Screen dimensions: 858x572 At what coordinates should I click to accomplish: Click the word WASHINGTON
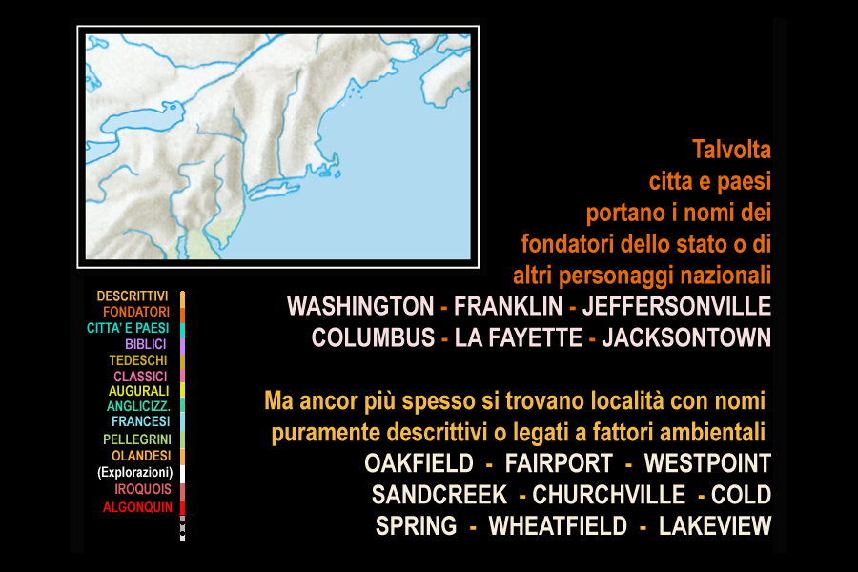tap(360, 307)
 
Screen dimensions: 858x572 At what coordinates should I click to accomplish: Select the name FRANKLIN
tap(508, 307)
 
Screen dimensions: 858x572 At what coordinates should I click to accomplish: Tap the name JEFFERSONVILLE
tap(677, 307)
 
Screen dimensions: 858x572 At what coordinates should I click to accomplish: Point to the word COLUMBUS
tap(373, 337)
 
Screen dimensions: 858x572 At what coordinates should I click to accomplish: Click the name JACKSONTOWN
tap(686, 337)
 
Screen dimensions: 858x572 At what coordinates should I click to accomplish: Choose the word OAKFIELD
tap(419, 463)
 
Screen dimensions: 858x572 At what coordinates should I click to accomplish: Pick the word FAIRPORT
tap(559, 463)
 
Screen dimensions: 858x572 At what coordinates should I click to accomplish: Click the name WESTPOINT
tap(707, 463)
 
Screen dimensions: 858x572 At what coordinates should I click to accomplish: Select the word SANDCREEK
tap(439, 495)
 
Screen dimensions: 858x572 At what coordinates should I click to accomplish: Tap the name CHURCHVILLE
tap(609, 495)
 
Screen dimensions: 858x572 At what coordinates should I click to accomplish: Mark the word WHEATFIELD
tap(558, 526)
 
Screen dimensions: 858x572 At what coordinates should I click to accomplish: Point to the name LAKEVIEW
tap(715, 526)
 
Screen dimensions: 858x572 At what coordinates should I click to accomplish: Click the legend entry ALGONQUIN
tap(137, 507)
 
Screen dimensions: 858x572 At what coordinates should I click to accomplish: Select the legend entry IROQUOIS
tap(143, 489)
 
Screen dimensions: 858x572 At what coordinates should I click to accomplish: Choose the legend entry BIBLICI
tap(146, 344)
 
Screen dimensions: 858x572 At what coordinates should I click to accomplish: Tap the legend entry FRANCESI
tap(141, 421)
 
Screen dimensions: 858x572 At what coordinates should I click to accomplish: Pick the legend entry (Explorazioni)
tap(135, 473)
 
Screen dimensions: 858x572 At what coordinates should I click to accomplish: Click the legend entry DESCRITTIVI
tap(133, 296)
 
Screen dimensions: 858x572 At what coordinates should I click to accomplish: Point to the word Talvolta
tap(731, 150)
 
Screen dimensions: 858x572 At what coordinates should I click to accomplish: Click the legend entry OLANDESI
tap(141, 456)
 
